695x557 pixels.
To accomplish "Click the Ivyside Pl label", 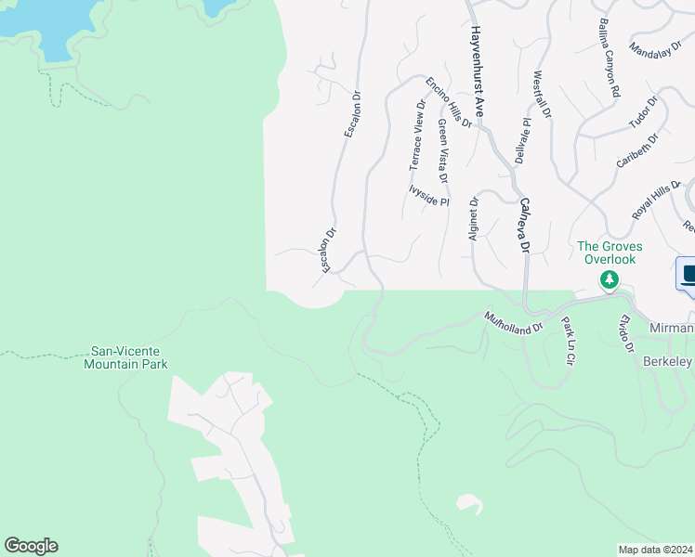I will point(428,195).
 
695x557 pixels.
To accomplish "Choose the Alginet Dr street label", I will point(473,218).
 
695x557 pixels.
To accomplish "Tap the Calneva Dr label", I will point(523,225).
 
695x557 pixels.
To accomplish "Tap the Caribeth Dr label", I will point(636,150).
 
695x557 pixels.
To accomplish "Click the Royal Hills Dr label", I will point(656,200).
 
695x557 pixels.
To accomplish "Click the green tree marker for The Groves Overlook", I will point(609,279).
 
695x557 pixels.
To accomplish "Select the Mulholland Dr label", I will point(513,322).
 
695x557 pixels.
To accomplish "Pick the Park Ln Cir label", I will point(567,341).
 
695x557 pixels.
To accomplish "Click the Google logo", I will point(31,546).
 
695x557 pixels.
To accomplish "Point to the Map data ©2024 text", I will point(654,550).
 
